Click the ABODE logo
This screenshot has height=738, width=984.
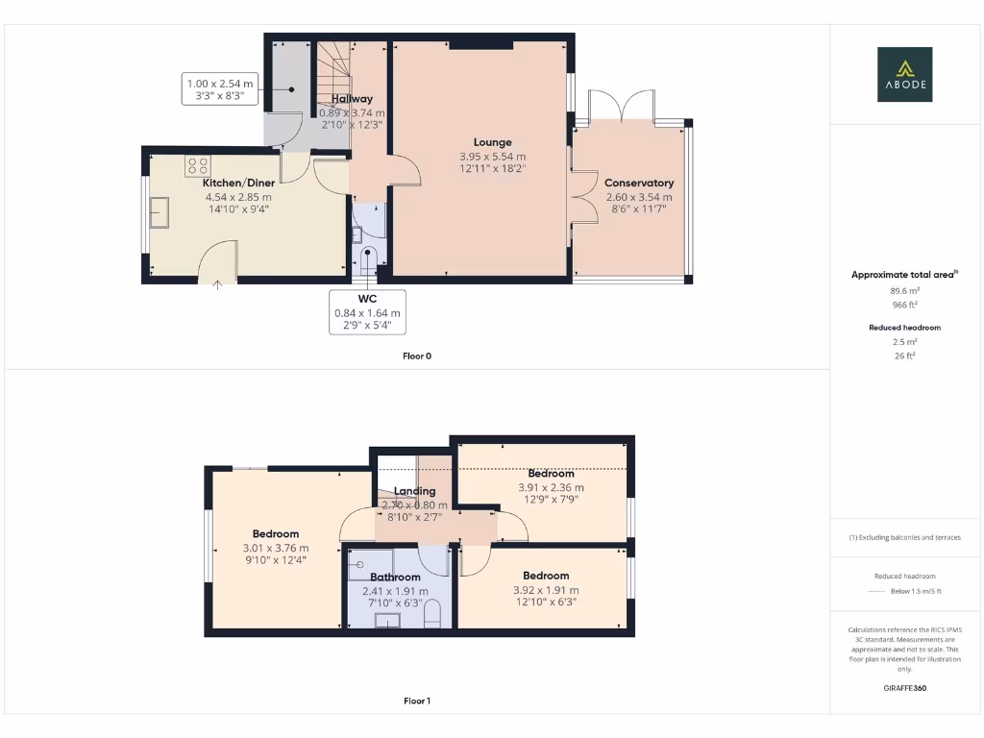(x=904, y=74)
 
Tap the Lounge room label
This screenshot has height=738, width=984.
(x=492, y=142)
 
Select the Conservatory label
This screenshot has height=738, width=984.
(x=638, y=183)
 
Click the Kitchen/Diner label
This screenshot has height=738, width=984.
(x=238, y=183)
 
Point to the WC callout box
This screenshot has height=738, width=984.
(x=367, y=311)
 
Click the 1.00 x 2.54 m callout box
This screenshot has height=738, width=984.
(x=220, y=89)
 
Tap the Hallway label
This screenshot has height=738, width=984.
(x=352, y=99)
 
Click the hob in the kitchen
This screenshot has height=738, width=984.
(x=198, y=164)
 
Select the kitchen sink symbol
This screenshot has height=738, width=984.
(x=159, y=210)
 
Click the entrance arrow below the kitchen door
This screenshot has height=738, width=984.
(x=218, y=283)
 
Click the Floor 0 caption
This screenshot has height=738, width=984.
(x=417, y=357)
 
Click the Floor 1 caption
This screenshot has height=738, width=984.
(x=417, y=701)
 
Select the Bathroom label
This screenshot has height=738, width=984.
(x=395, y=578)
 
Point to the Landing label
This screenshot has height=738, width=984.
(x=414, y=491)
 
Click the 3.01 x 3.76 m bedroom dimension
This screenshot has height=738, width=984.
(x=276, y=548)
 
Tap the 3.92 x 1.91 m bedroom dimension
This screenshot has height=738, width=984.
(x=546, y=590)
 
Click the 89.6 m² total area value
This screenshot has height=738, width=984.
(x=903, y=289)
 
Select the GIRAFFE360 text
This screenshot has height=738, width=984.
(x=904, y=688)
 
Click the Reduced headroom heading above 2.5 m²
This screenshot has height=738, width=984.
(x=903, y=328)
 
